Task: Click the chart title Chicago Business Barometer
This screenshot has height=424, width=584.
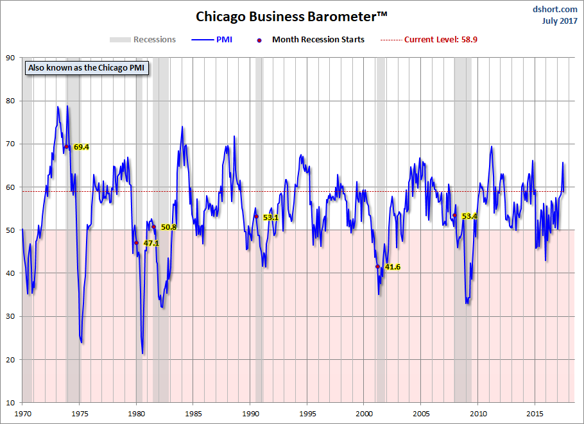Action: [292, 15]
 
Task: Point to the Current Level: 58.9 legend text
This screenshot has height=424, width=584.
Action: [440, 40]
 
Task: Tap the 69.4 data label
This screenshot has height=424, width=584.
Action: [81, 147]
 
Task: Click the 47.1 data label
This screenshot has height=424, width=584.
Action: [151, 244]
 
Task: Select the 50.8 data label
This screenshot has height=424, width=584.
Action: [168, 227]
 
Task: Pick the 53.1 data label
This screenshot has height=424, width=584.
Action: [270, 217]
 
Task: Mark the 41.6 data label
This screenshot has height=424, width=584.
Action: [392, 267]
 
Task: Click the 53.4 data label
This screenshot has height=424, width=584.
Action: [469, 216]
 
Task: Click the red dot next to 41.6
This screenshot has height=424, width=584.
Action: [377, 266]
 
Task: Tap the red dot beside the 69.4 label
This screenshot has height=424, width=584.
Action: [66, 147]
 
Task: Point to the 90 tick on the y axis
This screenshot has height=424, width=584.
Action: [11, 58]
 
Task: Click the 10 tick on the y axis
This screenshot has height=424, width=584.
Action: [11, 403]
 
